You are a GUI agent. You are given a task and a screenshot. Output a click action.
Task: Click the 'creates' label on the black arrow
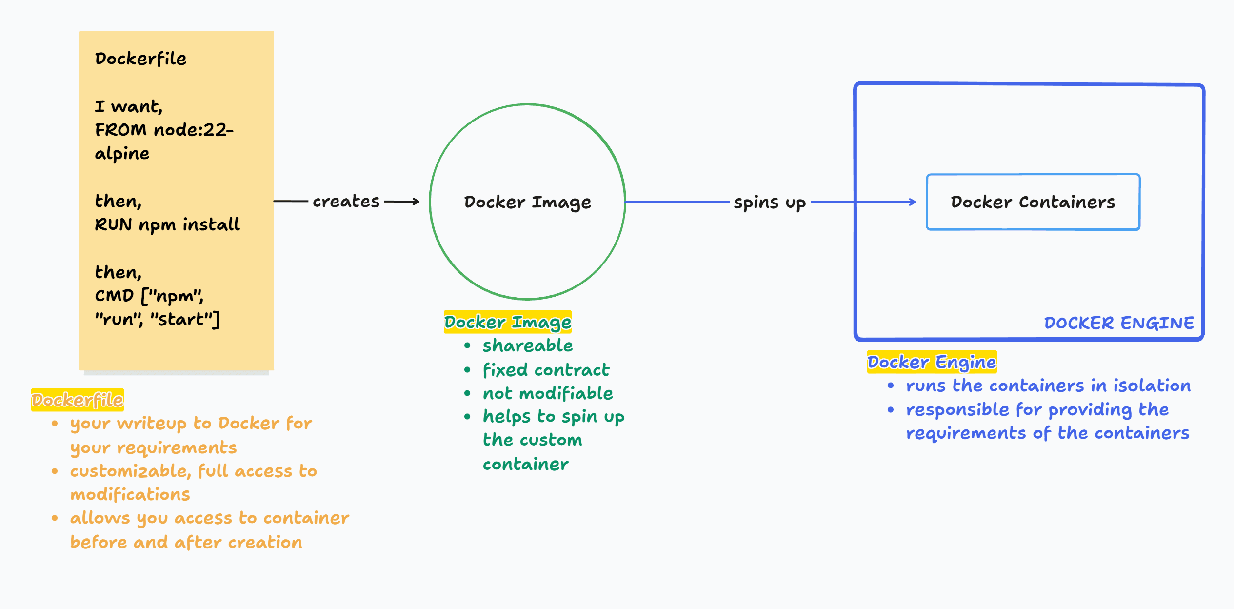346,201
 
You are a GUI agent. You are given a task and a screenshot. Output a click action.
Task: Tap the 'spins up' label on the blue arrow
769,202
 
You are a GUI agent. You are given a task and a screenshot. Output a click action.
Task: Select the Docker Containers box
1033,202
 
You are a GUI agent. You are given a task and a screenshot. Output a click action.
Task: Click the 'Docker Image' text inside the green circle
527,202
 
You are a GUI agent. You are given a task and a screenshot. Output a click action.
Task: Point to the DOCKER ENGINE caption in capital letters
1118,323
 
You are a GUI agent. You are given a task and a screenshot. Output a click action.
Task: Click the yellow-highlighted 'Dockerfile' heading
77,400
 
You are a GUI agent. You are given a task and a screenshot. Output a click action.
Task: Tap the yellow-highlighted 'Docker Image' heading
507,322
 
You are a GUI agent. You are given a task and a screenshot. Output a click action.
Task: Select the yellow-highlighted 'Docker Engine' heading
931,362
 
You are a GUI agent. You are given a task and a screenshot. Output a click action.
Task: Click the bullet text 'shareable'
527,345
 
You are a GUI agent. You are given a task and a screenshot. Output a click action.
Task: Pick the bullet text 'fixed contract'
545,370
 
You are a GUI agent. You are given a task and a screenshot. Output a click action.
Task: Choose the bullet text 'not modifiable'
547,393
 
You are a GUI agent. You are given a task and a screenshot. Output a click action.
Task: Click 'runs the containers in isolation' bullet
1048,386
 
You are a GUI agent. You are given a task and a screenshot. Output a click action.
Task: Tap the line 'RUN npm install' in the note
167,224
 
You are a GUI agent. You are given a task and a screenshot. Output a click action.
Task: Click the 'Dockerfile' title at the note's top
140,59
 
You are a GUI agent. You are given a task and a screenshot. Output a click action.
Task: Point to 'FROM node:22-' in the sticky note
164,130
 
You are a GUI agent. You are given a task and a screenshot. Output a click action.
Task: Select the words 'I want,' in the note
128,106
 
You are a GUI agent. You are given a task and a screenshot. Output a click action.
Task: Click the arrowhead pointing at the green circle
416,201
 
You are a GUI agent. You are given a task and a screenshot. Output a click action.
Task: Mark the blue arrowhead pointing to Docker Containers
913,202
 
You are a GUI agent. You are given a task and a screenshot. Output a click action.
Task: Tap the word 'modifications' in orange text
130,494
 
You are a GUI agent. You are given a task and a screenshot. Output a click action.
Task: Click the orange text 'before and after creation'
186,542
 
